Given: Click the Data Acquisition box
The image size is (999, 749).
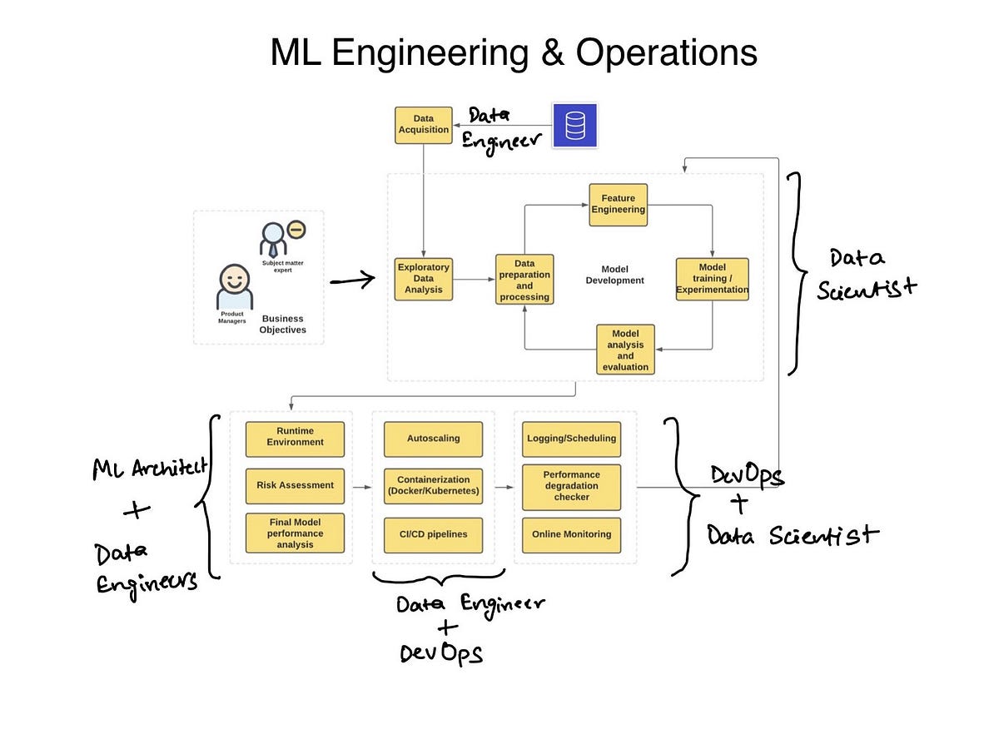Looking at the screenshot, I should (x=424, y=125).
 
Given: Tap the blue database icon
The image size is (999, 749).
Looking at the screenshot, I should (x=574, y=126).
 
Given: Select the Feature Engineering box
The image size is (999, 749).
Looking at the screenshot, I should (x=618, y=204).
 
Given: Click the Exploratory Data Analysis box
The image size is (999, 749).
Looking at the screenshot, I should (x=424, y=279).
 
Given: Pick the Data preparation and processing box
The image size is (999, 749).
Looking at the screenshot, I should (x=524, y=280).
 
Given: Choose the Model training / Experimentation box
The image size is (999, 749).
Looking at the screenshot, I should (x=712, y=279).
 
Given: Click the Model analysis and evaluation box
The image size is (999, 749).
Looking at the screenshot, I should (x=625, y=350).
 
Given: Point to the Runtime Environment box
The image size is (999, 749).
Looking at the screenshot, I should (x=295, y=438).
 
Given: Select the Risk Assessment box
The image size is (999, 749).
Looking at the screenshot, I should (x=295, y=485).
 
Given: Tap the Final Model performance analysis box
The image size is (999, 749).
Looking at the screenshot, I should (x=295, y=533).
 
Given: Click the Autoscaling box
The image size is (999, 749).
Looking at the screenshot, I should (x=433, y=438).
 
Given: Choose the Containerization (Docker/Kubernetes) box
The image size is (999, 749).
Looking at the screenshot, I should (x=433, y=485).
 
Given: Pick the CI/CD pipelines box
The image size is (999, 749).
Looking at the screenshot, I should (x=433, y=534).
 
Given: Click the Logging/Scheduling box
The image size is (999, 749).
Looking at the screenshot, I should (x=571, y=438).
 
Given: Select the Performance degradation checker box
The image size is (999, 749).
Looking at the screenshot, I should (x=571, y=486).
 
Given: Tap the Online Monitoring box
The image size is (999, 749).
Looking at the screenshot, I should (x=571, y=534).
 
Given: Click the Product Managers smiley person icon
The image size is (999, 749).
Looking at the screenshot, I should (x=233, y=287).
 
